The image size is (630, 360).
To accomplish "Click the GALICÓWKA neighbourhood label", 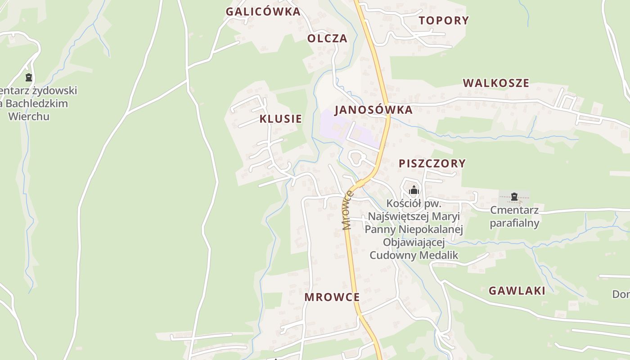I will coord(263,12).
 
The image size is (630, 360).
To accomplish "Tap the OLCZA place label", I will coord(327,39).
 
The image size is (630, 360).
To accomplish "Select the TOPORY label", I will coord(444,20).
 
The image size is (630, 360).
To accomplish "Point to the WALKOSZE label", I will coord(496,83).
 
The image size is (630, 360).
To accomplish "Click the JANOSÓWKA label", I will coord(373,110).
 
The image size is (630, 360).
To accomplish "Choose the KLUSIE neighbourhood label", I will coord(280,119).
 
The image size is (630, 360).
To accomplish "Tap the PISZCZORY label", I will coord(432,163).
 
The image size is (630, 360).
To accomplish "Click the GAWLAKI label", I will coord(517,291).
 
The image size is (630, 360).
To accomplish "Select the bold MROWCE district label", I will coord(332,297).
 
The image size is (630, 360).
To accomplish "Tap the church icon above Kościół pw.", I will coord(414,190).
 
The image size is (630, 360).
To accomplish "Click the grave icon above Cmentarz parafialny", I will coord(514,197).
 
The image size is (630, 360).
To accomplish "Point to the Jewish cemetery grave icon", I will coord(29,78).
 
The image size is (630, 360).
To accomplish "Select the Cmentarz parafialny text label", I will coord(514,216).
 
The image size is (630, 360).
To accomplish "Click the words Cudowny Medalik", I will coord(414,255).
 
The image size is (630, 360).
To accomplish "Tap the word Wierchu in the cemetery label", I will coord(29,116).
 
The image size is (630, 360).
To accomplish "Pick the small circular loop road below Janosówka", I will coord(356,158).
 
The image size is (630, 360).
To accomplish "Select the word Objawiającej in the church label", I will coord(414,243).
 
